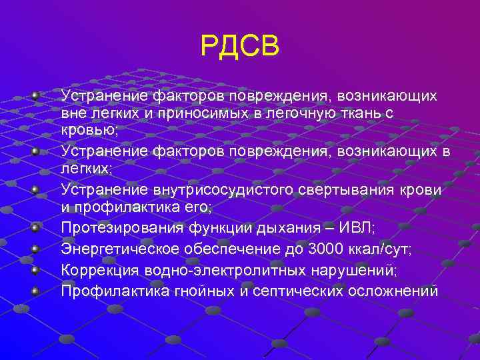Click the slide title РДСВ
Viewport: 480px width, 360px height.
click(x=239, y=47)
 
